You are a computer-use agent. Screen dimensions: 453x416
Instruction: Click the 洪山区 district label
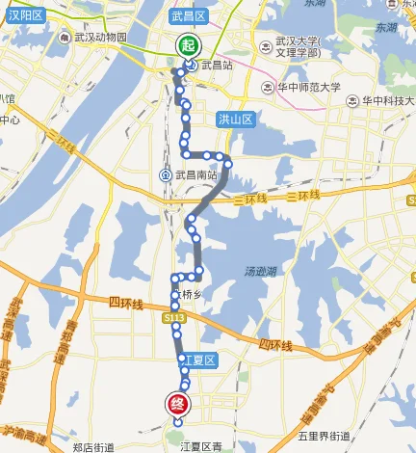tap(234, 119)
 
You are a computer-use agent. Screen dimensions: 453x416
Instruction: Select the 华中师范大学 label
tap(309, 85)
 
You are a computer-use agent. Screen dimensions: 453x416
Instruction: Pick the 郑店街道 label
tap(92, 446)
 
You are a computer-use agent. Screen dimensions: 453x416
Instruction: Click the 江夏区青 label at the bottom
tap(200, 446)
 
